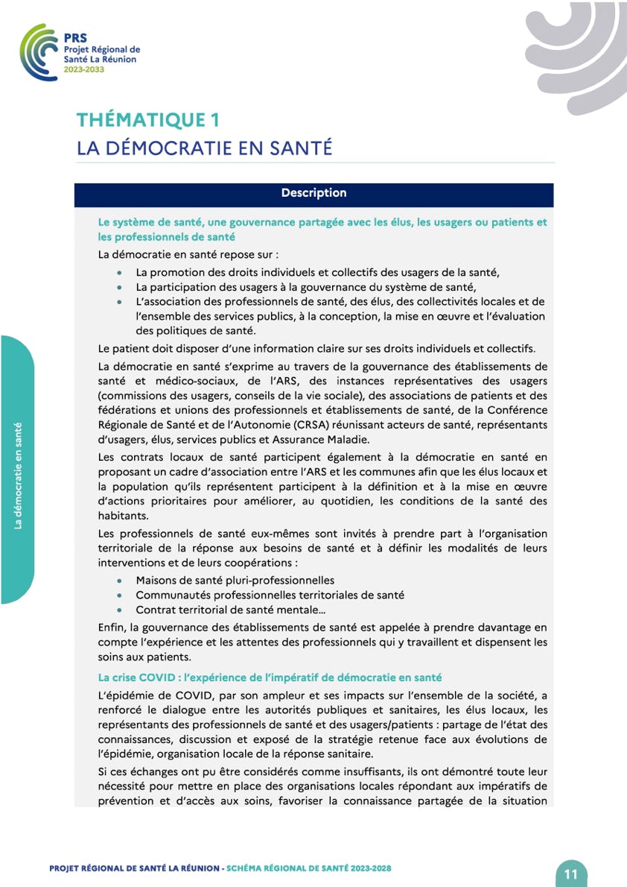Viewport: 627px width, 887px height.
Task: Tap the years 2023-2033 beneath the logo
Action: tap(84, 69)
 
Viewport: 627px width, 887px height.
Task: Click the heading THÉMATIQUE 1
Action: tap(148, 119)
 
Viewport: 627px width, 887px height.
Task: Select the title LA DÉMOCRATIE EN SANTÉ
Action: tap(204, 148)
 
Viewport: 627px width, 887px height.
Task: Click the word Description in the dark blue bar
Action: tap(313, 193)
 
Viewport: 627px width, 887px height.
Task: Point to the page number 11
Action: tap(572, 874)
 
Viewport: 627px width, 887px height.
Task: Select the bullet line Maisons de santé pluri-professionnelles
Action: tap(235, 580)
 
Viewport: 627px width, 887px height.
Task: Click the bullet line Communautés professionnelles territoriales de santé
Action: tap(270, 595)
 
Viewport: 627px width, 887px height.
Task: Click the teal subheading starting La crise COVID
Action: tap(270, 677)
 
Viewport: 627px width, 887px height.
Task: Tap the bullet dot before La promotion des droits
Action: tap(120, 273)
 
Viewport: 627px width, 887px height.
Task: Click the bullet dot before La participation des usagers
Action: tap(120, 287)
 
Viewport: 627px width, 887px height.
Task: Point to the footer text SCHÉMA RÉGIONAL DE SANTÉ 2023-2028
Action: tap(308, 868)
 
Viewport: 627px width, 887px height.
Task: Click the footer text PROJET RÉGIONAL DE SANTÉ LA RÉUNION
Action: tap(134, 868)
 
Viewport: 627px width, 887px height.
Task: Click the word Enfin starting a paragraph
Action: tap(112, 628)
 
